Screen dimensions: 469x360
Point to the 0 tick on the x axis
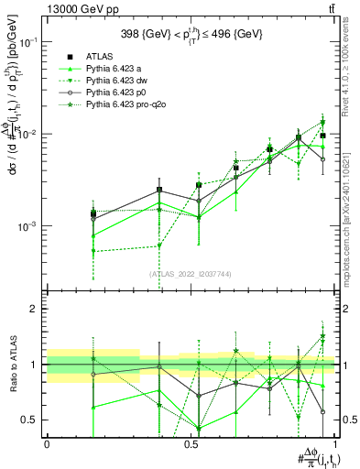click(x=47, y=442)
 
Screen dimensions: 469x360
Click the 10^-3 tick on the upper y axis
click(x=29, y=225)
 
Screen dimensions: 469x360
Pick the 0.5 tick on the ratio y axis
click(x=32, y=420)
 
